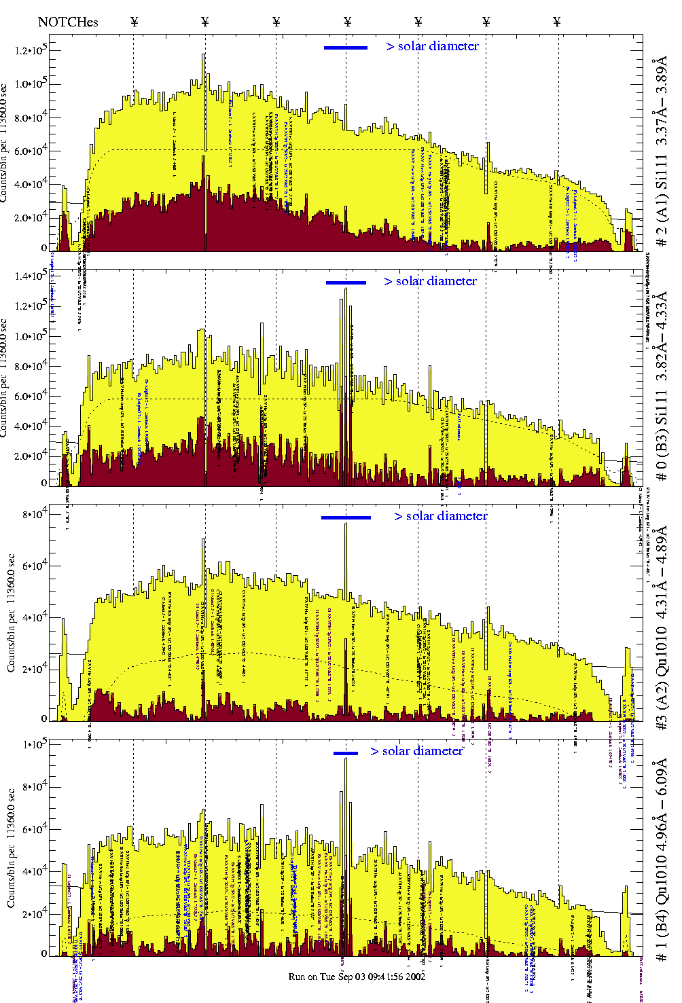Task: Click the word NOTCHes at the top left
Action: click(68, 22)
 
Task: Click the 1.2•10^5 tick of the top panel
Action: click(29, 50)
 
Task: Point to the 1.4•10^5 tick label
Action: click(29, 275)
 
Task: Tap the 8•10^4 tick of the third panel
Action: click(34, 514)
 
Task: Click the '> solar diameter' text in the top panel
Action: click(432, 46)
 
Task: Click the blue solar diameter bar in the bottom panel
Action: click(346, 753)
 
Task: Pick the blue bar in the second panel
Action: click(346, 282)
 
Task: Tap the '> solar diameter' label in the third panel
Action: click(440, 516)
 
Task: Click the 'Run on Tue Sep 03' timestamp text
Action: click(357, 977)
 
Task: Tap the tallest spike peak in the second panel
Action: click(346, 290)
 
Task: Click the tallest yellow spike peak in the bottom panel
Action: click(346, 759)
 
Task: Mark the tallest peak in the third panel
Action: click(346, 524)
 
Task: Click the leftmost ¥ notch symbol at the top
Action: click(134, 22)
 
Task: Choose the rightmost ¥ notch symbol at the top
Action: click(557, 22)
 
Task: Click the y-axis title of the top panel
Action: click(5, 143)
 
